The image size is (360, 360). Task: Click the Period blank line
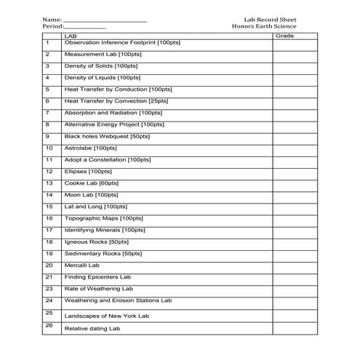[85, 27]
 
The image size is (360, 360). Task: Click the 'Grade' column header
[285, 35]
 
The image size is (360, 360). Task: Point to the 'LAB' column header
[71, 35]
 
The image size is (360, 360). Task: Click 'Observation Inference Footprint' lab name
[122, 43]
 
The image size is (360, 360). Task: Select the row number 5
[47, 89]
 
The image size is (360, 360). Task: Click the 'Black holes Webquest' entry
[107, 136]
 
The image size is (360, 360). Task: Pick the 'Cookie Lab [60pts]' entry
[91, 183]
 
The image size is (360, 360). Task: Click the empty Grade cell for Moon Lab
[294, 195]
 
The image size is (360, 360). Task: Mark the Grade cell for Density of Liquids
[294, 78]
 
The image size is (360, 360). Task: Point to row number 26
[48, 326]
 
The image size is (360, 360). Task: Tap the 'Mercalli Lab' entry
[81, 265]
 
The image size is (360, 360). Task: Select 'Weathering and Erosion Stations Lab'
[118, 300]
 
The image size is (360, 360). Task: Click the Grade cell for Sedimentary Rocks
[294, 253]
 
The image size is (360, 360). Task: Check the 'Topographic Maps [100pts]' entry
[104, 218]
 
